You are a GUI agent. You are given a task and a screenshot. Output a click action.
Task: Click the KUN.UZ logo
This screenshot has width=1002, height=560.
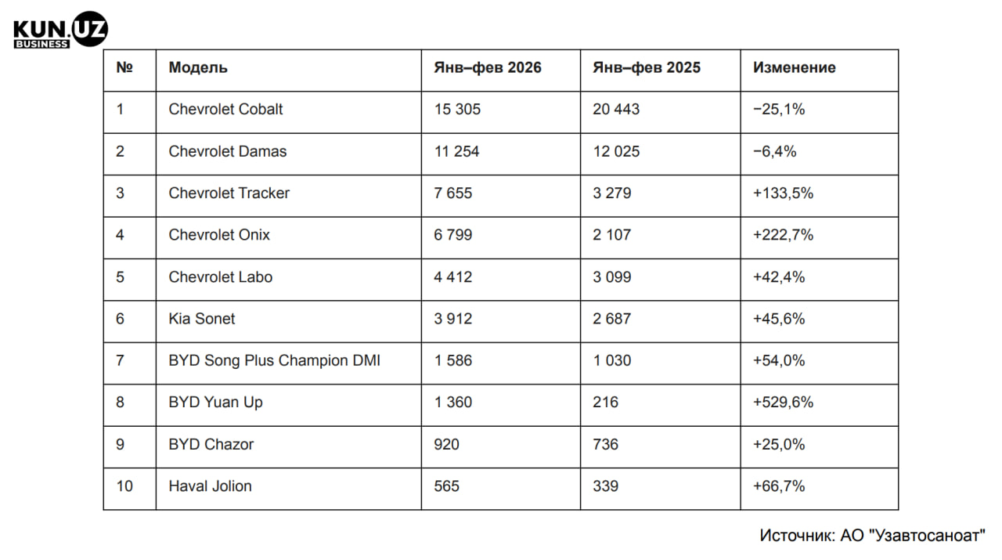coord(60,32)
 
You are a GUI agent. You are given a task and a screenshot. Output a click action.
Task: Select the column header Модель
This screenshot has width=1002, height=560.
coord(198,67)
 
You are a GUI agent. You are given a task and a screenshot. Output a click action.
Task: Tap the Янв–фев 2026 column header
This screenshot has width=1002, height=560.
coord(488,67)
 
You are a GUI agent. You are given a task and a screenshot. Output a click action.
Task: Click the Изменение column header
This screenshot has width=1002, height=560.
coord(794,67)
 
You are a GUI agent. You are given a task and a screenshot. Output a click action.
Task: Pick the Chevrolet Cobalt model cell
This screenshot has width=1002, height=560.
coord(225,109)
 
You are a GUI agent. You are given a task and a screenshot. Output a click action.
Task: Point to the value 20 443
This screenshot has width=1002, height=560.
coord(616,109)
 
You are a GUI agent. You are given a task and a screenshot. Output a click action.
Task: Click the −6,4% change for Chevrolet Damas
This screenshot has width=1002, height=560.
coord(774,151)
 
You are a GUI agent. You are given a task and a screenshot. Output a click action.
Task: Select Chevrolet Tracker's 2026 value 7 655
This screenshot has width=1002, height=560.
coord(453,193)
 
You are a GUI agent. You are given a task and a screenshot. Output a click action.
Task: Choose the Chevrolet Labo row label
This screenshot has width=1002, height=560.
coord(221,276)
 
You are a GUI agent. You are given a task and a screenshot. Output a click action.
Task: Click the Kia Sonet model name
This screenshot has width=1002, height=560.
coord(202,319)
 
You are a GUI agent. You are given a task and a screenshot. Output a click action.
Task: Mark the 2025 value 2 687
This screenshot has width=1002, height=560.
coord(611,319)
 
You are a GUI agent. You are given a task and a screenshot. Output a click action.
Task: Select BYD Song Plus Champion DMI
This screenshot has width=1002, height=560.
coord(274,360)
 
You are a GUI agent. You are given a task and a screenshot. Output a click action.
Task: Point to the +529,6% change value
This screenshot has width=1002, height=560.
coord(783,402)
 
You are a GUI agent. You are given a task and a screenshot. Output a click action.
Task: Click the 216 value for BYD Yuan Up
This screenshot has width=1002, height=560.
coord(605,402)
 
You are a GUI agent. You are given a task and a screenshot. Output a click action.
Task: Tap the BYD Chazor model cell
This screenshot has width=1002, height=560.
coord(211,444)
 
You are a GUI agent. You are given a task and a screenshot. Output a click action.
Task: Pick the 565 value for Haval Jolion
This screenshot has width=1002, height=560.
coord(446,486)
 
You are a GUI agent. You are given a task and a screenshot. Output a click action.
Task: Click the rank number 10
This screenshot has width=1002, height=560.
coord(124,486)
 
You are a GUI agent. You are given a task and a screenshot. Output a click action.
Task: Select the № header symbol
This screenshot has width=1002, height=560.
coord(124,67)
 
